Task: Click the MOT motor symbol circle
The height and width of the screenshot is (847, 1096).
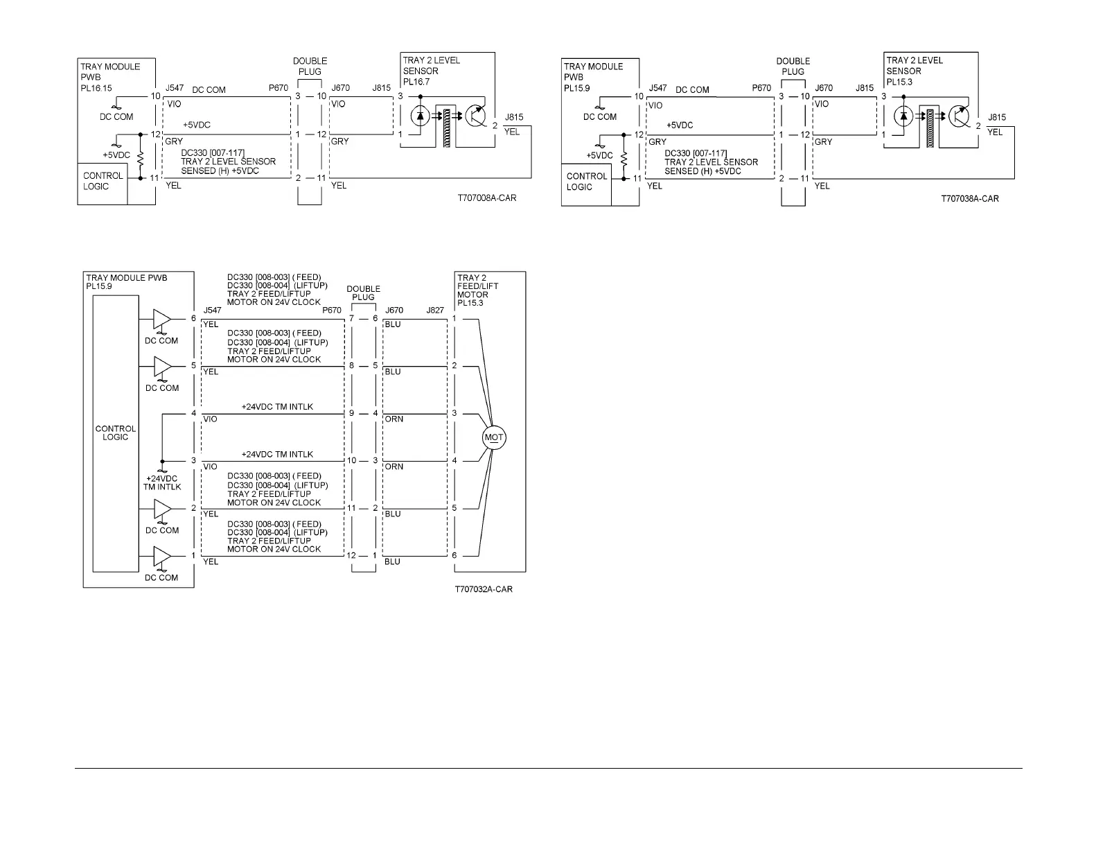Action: [x=493, y=437]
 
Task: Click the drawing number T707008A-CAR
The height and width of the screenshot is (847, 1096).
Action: [x=486, y=198]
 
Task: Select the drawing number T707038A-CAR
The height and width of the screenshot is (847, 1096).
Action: [x=969, y=199]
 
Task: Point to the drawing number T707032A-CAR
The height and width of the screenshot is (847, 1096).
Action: [x=484, y=590]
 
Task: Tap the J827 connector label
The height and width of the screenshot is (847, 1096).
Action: [x=435, y=311]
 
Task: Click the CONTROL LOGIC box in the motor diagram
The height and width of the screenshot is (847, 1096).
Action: [x=115, y=433]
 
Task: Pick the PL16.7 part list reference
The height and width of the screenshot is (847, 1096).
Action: [x=416, y=82]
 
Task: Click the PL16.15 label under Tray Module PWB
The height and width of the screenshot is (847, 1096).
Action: [x=96, y=88]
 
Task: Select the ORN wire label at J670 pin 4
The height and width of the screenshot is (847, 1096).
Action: [x=394, y=419]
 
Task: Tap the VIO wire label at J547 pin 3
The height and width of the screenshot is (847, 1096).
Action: [x=209, y=466]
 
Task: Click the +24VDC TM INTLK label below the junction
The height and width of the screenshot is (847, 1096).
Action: [x=162, y=482]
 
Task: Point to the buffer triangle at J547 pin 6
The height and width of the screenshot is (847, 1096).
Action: [x=161, y=319]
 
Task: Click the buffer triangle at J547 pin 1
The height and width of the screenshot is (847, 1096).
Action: [x=161, y=556]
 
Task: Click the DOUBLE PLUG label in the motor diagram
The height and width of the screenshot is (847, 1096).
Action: [x=363, y=293]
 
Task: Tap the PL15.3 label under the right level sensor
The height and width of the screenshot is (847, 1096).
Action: [x=900, y=82]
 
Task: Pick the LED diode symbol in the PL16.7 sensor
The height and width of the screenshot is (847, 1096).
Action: [x=418, y=116]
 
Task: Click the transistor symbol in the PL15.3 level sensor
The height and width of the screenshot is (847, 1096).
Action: [x=960, y=116]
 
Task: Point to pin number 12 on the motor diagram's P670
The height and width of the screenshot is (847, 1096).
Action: [x=351, y=556]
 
